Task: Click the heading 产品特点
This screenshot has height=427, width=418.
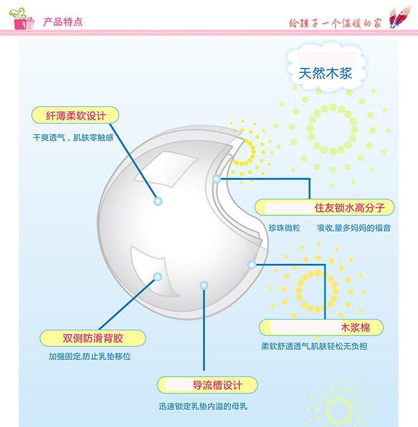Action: point(63,22)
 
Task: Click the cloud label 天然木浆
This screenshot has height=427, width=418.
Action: point(325,73)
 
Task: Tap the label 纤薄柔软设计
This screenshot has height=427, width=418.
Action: point(75,115)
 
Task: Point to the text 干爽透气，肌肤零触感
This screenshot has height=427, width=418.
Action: point(73,137)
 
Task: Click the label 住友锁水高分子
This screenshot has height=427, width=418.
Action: point(354,208)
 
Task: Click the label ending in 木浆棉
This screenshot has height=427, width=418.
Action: point(356,327)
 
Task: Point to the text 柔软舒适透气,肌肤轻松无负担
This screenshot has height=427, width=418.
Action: point(314,346)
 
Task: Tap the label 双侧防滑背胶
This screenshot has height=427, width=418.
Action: point(93,338)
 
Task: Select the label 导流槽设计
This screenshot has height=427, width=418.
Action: point(217,385)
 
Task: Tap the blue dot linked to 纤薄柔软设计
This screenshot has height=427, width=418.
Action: point(158,200)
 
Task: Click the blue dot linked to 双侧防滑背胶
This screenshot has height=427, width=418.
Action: point(158,276)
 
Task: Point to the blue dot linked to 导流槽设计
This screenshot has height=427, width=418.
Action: point(203,285)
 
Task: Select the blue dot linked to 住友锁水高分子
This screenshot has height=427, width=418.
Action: point(217,179)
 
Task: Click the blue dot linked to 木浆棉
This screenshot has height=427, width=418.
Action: point(252,264)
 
